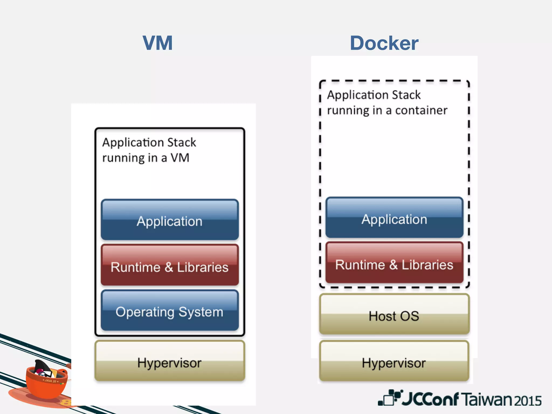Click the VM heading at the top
click(x=158, y=43)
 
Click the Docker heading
click(x=384, y=43)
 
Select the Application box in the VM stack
click(x=170, y=220)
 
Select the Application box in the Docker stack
click(x=394, y=218)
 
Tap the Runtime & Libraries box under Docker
click(x=394, y=263)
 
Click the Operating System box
click(x=170, y=310)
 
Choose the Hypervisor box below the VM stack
click(x=170, y=361)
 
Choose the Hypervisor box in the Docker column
click(x=394, y=361)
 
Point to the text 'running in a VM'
click(x=146, y=158)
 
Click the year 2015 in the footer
click(x=528, y=401)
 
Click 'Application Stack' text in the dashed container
click(x=374, y=95)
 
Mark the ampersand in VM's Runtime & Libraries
click(x=169, y=267)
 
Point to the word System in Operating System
click(x=201, y=312)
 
